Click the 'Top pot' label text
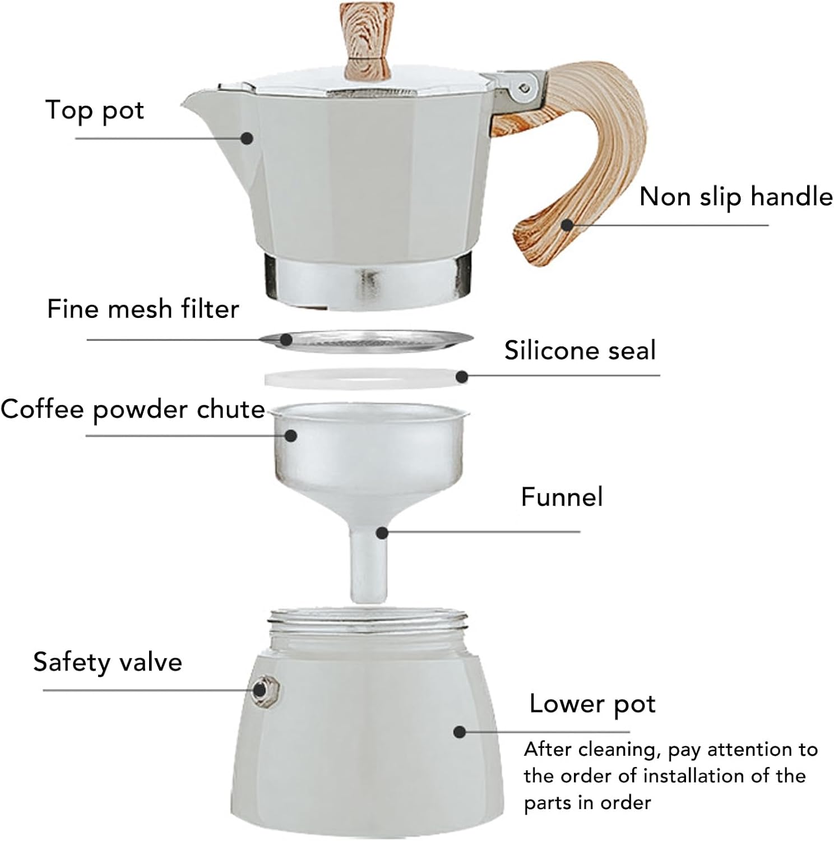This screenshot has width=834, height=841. click(94, 110)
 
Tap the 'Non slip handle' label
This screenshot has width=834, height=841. click(735, 197)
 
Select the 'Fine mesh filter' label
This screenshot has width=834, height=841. click(143, 309)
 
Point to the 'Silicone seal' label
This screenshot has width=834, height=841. click(580, 350)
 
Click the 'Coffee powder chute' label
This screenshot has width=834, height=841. click(133, 410)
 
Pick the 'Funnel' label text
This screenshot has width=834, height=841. click(562, 497)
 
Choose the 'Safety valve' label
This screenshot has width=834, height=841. click(108, 662)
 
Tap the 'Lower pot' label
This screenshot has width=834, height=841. click(592, 704)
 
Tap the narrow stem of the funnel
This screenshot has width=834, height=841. click(368, 566)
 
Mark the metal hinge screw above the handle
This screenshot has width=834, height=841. click(524, 87)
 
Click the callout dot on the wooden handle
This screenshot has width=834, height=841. click(567, 225)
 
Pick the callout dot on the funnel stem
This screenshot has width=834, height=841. click(382, 532)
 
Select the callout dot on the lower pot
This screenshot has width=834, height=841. click(460, 732)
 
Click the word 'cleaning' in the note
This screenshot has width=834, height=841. click(620, 750)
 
